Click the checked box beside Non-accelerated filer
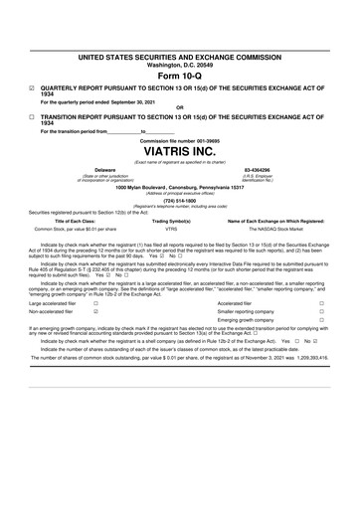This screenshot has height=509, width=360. pyautogui.click(x=95, y=312)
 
